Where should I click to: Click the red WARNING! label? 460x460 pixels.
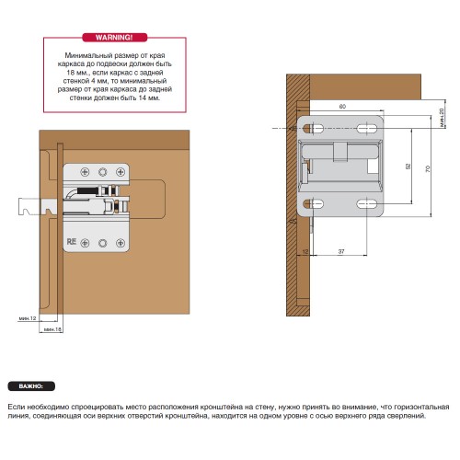pyautogui.click(x=115, y=38)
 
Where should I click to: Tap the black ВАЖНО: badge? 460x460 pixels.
pyautogui.click(x=31, y=386)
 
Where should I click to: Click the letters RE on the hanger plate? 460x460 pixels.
pyautogui.click(x=72, y=242)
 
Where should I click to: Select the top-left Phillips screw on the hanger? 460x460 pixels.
pyautogui.click(x=85, y=172)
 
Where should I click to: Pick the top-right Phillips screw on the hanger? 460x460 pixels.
pyautogui.click(x=121, y=172)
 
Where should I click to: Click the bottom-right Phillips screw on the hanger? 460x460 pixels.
pyautogui.click(x=121, y=243)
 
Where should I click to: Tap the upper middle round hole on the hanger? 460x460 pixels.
pyautogui.click(x=103, y=172)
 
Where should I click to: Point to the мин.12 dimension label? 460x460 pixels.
pyautogui.click(x=28, y=318)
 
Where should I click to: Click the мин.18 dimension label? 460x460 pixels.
pyautogui.click(x=52, y=329)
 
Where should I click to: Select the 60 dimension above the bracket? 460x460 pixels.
pyautogui.click(x=342, y=107)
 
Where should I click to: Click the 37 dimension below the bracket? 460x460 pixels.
pyautogui.click(x=341, y=251)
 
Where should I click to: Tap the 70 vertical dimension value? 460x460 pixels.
pyautogui.click(x=428, y=168)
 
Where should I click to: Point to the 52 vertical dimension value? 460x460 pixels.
pyautogui.click(x=408, y=167)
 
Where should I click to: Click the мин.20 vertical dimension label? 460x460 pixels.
pyautogui.click(x=442, y=118)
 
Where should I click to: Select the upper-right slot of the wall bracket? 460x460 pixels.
pyautogui.click(x=367, y=128)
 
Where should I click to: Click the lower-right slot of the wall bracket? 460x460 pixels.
pyautogui.click(x=367, y=203)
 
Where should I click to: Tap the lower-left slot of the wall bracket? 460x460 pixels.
pyautogui.click(x=313, y=203)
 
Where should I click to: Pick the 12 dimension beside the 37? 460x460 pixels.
pyautogui.click(x=305, y=251)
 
